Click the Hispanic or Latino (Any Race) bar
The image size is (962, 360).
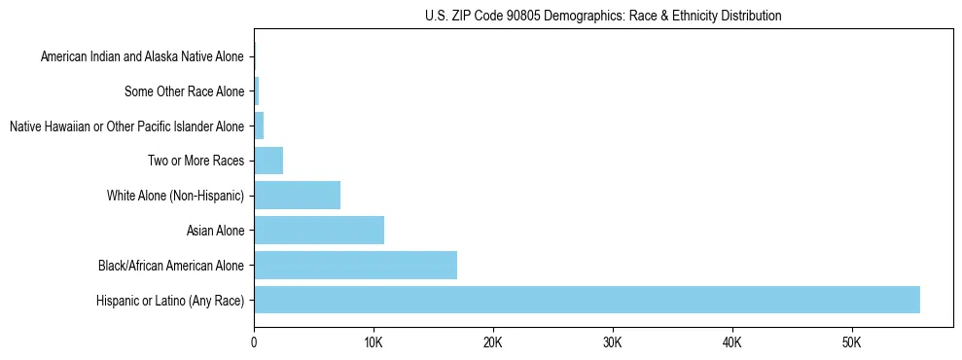pyautogui.click(x=587, y=300)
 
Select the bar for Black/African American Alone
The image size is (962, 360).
pyautogui.click(x=355, y=265)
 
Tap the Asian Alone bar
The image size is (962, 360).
pyautogui.click(x=319, y=231)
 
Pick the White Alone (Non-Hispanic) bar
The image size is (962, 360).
pyautogui.click(x=297, y=196)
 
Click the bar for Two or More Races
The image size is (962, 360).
pyautogui.click(x=268, y=161)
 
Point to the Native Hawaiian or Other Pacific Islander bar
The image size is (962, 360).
pyautogui.click(x=259, y=126)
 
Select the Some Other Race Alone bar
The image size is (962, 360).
pyautogui.click(x=257, y=91)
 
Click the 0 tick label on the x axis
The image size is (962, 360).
pyautogui.click(x=254, y=342)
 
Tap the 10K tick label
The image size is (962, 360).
pyautogui.click(x=374, y=342)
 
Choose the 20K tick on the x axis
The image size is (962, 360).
pyautogui.click(x=493, y=342)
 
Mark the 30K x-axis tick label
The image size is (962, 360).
pyautogui.click(x=613, y=342)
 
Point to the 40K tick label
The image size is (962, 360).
pyautogui.click(x=732, y=342)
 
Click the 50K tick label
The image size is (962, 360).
pyautogui.click(x=852, y=342)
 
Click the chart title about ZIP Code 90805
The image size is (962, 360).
pyautogui.click(x=603, y=16)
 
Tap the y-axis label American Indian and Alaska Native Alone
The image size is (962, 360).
pyautogui.click(x=142, y=57)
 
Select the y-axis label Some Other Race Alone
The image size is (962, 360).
pyautogui.click(x=185, y=91)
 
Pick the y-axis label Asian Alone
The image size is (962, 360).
pyautogui.click(x=216, y=231)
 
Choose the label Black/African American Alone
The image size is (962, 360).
pyautogui.click(x=171, y=265)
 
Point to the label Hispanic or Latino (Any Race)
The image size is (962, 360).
pyautogui.click(x=170, y=300)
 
